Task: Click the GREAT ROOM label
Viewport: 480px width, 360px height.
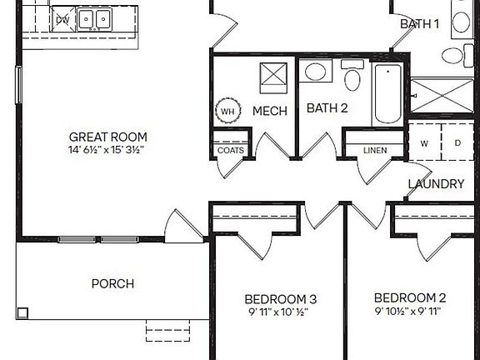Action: (107, 137)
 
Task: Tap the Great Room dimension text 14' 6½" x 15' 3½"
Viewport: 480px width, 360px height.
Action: (107, 151)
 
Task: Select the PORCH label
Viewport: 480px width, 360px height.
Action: (112, 283)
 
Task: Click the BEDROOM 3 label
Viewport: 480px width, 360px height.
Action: (280, 299)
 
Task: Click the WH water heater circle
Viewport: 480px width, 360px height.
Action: (227, 111)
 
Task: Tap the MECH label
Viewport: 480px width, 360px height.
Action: (270, 111)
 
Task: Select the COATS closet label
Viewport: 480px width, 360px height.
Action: (231, 151)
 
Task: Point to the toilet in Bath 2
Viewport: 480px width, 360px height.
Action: (352, 78)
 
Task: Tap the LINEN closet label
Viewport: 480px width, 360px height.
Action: (374, 151)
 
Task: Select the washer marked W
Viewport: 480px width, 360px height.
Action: (424, 143)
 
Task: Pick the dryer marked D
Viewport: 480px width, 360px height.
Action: (457, 143)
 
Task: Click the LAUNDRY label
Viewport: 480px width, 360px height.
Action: (436, 183)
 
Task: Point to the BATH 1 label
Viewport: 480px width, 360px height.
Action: (419, 23)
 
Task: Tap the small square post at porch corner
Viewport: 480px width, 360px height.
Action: (22, 313)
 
